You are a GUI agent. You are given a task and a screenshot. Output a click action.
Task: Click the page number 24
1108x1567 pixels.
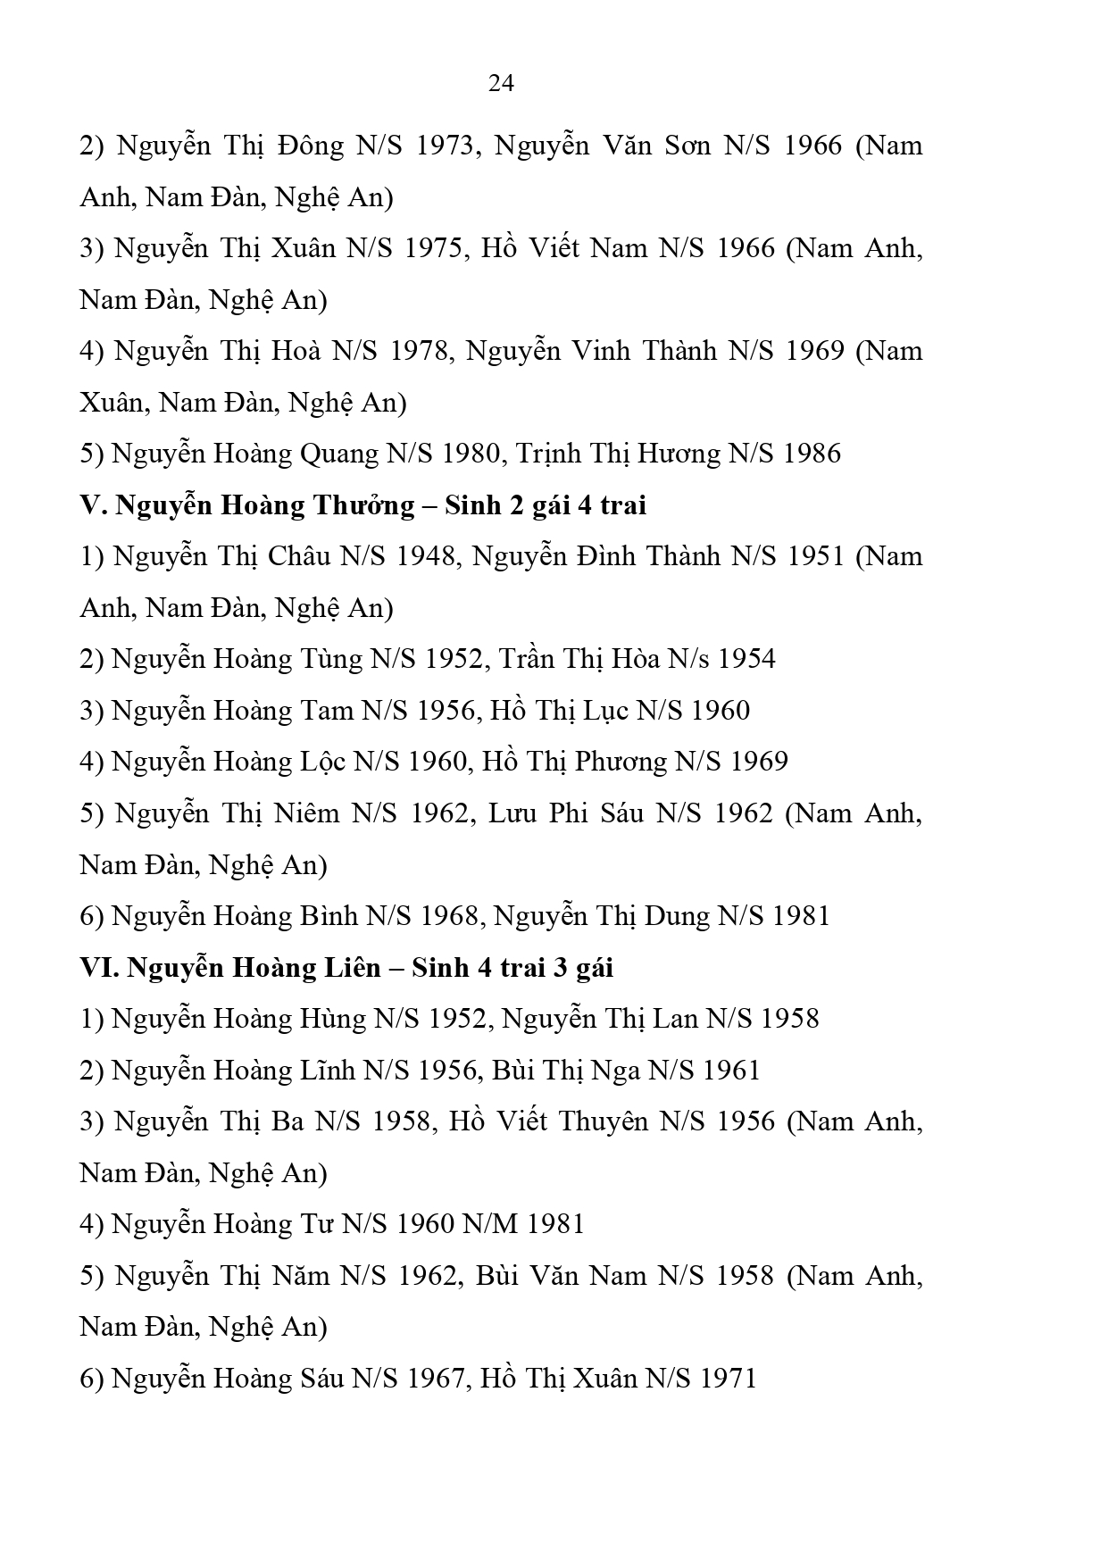click(501, 83)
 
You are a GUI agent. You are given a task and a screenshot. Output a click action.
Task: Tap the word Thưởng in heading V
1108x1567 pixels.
click(363, 505)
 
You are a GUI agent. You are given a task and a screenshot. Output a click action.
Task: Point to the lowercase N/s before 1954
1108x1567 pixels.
click(689, 659)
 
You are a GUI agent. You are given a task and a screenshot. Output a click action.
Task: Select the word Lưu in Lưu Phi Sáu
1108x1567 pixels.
click(513, 813)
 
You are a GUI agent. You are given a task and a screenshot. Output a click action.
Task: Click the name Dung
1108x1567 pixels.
click(679, 916)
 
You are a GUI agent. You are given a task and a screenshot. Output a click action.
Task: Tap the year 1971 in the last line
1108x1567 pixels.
click(728, 1379)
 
